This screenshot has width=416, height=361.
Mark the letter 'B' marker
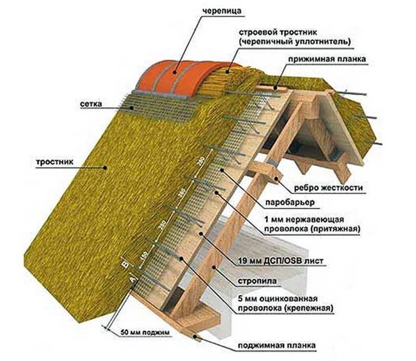point(123,265)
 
